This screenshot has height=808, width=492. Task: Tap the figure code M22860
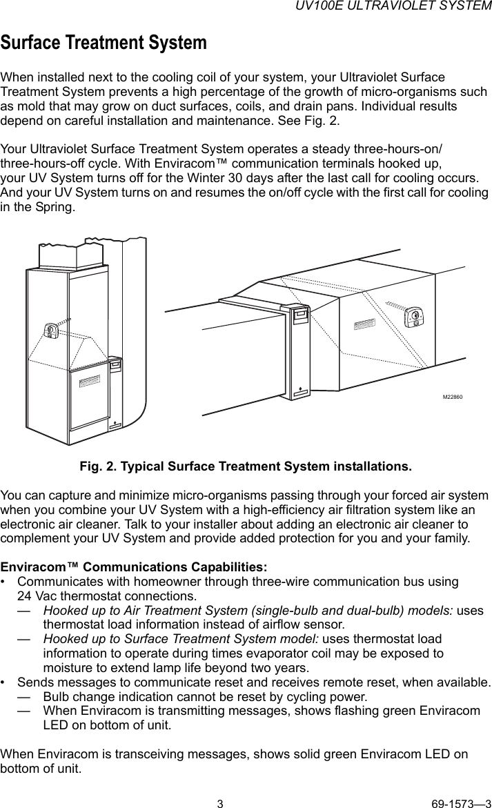(452, 397)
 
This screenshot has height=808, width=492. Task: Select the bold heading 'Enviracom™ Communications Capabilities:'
(134, 567)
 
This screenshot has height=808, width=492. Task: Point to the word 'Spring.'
(53, 207)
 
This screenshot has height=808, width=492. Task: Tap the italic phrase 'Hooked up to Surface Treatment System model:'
(181, 639)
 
